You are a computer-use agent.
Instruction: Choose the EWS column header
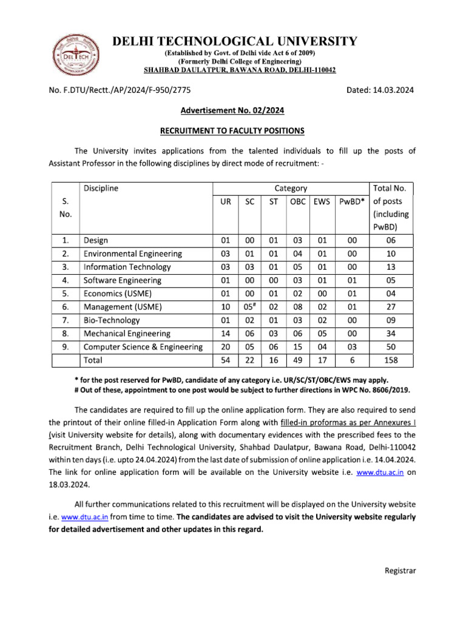(x=322, y=201)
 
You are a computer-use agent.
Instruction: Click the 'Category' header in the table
(x=291, y=188)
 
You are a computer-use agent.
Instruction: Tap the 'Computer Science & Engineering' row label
(x=143, y=347)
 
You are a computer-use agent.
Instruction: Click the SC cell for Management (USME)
(x=249, y=307)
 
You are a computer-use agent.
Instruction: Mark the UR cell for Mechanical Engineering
(x=225, y=334)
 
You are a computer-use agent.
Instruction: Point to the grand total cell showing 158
(x=391, y=360)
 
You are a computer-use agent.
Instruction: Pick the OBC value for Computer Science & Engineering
(x=298, y=347)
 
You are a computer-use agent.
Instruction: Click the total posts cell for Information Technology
(x=391, y=267)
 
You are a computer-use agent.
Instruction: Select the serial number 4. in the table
(x=66, y=280)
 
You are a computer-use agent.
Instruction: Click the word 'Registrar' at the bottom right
(x=400, y=571)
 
